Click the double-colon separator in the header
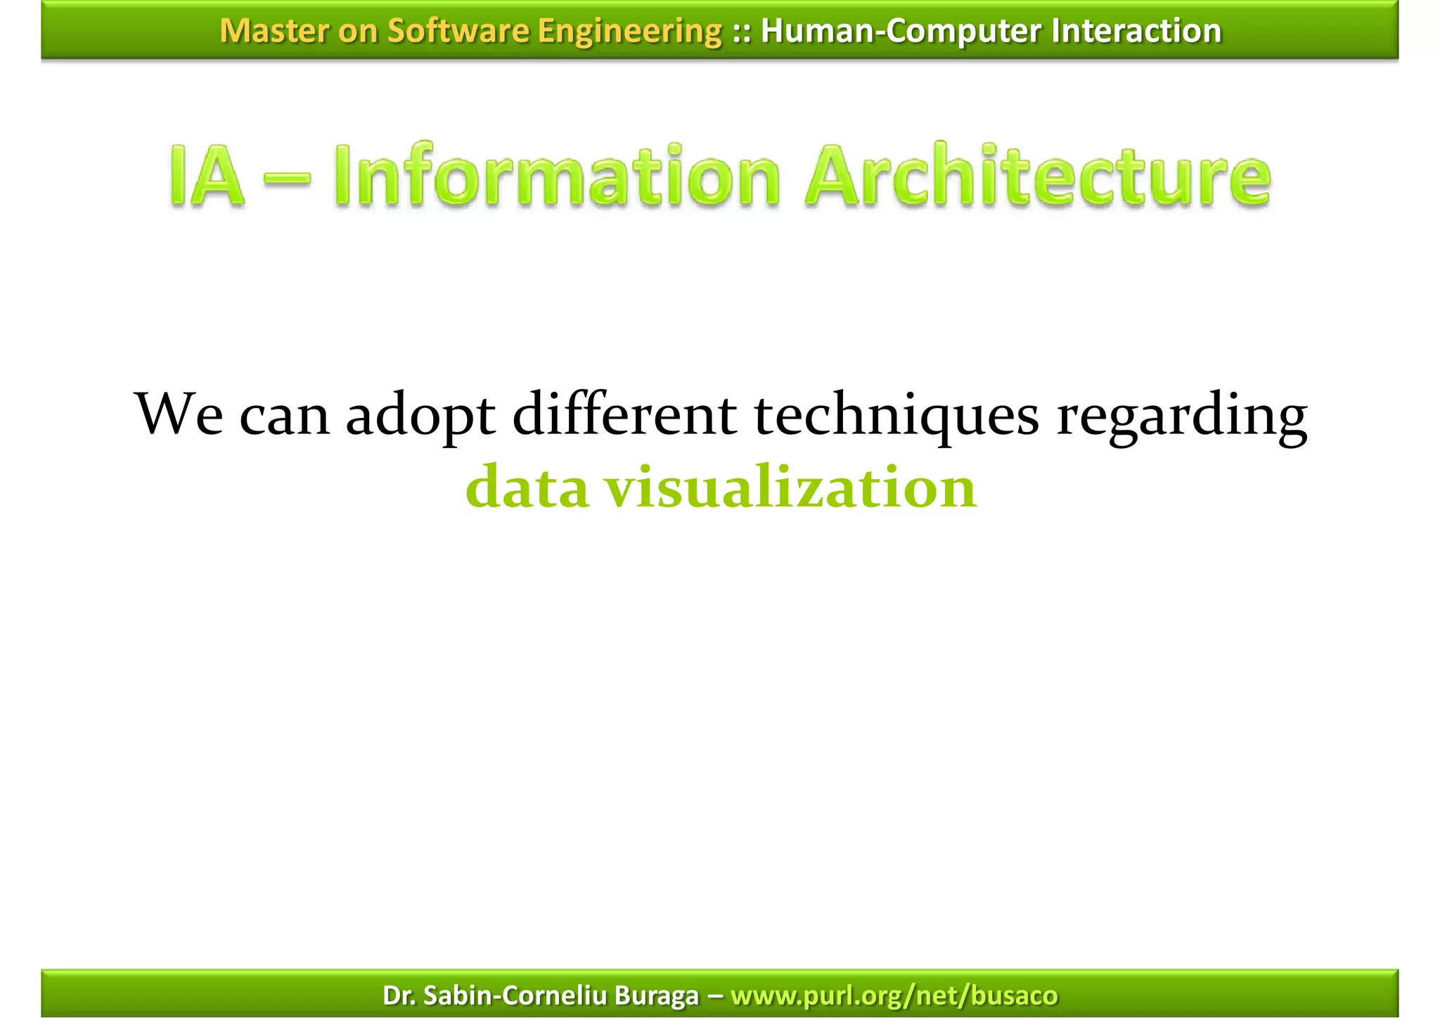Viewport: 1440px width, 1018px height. pos(741,31)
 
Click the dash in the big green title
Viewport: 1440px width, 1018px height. pos(288,177)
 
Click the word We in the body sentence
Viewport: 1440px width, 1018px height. pos(179,415)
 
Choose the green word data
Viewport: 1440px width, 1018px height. pos(527,488)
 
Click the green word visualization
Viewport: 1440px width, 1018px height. pos(792,488)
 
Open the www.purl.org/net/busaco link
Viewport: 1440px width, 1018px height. pos(894,995)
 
